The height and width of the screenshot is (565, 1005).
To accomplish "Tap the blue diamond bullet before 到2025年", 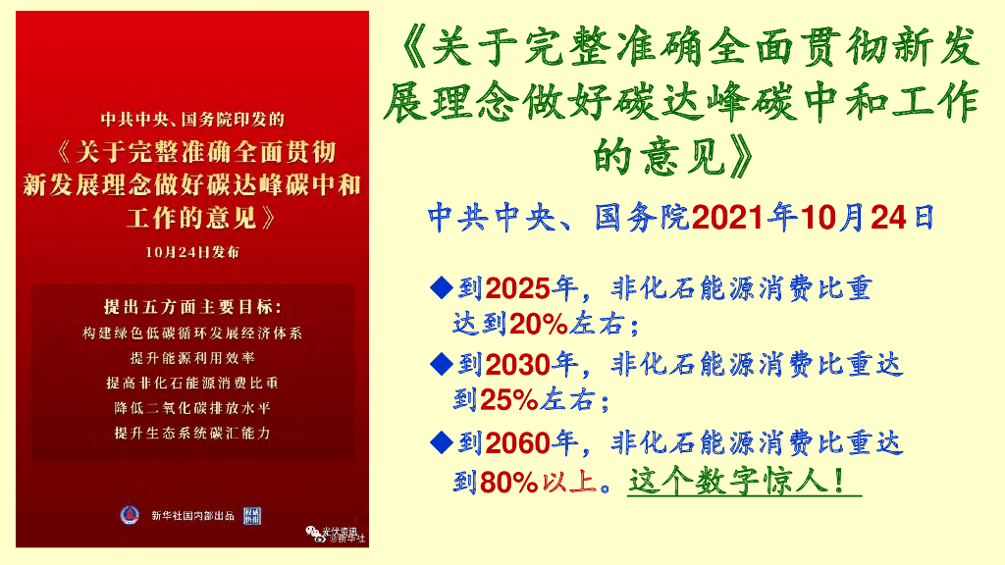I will click(x=442, y=288).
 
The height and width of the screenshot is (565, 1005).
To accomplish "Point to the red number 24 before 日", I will click(x=889, y=217).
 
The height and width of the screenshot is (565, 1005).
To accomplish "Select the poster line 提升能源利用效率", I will click(x=192, y=358).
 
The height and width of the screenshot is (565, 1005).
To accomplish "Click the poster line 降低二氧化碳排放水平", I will click(x=192, y=407).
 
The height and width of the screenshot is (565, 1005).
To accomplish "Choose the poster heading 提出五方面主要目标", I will click(x=192, y=305).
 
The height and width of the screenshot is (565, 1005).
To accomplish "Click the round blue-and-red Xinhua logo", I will click(x=130, y=515).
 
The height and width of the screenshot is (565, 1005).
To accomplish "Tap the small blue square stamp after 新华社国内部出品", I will click(x=252, y=515).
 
